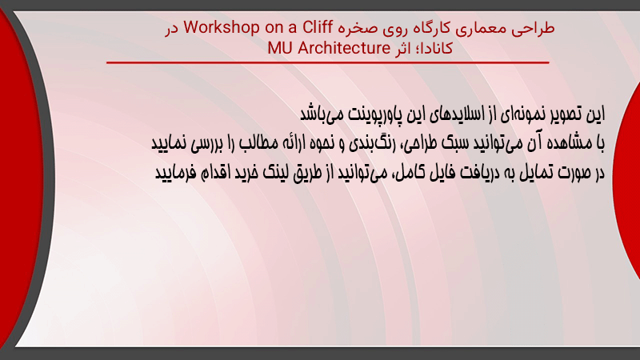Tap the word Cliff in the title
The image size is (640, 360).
tap(318, 27)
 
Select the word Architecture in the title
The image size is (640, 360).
tap(344, 48)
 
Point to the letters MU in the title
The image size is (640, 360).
tap(281, 48)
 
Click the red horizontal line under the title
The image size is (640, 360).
tap(328, 62)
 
